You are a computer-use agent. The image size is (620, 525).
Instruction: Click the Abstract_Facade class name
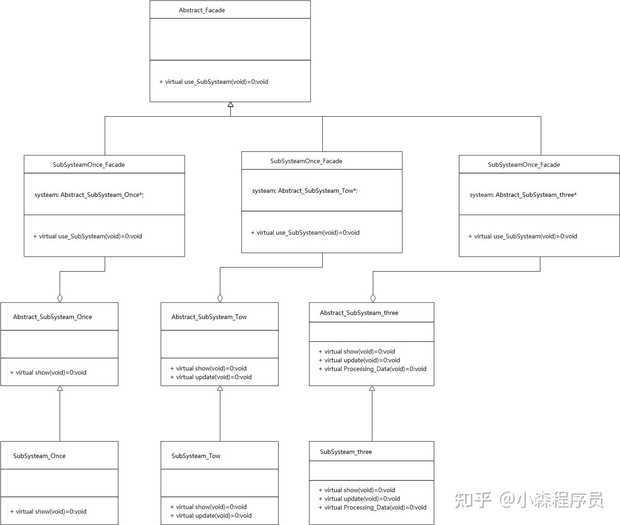tap(202, 10)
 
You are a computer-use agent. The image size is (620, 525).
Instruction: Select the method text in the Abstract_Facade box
tap(213, 82)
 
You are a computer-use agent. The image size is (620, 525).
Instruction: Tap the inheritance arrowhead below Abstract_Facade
tap(230, 104)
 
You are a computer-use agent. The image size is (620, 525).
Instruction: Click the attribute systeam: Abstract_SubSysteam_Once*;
tap(89, 195)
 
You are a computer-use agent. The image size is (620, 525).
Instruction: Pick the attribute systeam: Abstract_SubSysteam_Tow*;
tap(305, 190)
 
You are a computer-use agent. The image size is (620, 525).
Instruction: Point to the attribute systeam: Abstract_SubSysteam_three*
tap(523, 195)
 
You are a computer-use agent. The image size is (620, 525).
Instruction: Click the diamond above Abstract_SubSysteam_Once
tap(60, 298)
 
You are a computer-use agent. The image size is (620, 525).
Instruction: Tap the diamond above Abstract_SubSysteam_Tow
tap(220, 298)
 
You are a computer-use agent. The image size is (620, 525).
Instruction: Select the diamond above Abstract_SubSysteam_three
tap(373, 298)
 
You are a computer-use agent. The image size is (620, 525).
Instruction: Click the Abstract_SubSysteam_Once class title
tap(52, 317)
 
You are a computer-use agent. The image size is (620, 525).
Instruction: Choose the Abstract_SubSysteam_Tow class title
tap(209, 317)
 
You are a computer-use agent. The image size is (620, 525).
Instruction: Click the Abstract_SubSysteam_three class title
tap(359, 313)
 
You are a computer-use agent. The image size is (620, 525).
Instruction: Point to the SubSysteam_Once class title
tap(39, 456)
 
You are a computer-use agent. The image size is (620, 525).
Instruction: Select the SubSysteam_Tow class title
tap(196, 456)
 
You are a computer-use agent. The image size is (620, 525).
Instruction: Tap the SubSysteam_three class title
tap(346, 452)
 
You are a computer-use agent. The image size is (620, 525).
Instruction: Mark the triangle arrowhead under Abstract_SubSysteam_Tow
tap(220, 388)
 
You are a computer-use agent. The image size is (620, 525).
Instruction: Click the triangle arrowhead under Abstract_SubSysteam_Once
tap(60, 388)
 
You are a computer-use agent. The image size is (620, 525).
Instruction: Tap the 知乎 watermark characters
tap(473, 500)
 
